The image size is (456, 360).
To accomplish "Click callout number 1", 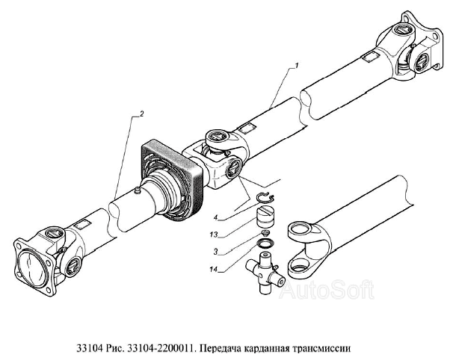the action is [296, 66].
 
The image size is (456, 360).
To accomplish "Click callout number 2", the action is [141, 114].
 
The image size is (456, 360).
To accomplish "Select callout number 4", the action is [215, 217].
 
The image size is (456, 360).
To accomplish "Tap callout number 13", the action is [214, 235].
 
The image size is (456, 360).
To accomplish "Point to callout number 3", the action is [215, 252].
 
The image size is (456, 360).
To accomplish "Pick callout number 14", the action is [214, 270].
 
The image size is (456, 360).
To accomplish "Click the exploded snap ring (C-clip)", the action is [266, 198].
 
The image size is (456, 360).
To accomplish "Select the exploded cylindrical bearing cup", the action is [266, 216].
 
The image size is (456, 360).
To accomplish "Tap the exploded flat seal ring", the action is [265, 243].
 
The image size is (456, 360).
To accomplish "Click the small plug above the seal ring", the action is [265, 232].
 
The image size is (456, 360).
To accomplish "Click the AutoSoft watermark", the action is [327, 290].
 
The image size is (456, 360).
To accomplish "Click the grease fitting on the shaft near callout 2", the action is [137, 190].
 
